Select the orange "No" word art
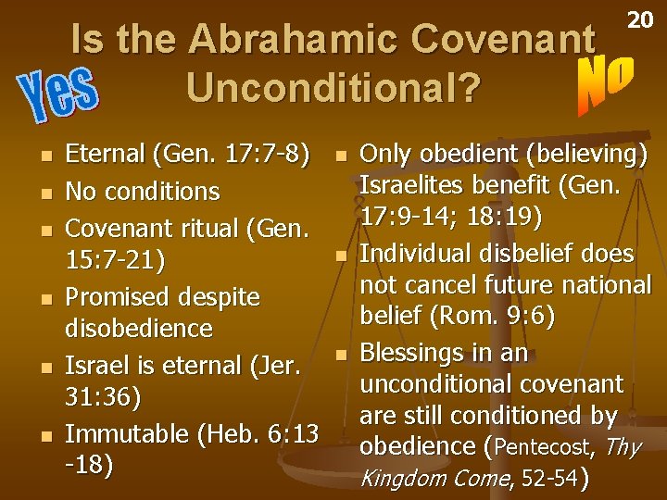[x=606, y=82]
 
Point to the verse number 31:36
[x=104, y=397]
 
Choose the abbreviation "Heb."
[x=240, y=433]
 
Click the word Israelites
[x=426, y=185]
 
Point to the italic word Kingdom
[x=403, y=479]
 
